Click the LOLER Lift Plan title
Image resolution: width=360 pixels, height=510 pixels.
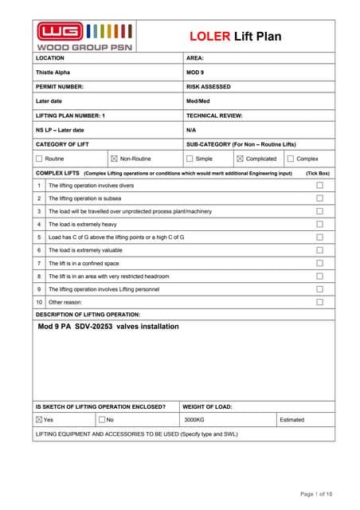pos(235,37)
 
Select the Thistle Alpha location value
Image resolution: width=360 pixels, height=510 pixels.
pos(53,72)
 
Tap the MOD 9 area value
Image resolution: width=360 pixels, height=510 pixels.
pos(196,72)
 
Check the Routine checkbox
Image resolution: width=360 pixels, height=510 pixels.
pos(39,159)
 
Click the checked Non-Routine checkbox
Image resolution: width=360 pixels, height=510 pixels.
pos(113,159)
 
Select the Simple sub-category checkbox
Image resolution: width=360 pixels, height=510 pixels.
pos(189,159)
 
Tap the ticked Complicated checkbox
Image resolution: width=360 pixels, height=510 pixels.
pos(240,159)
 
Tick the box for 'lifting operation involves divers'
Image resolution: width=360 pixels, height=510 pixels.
pos(319,185)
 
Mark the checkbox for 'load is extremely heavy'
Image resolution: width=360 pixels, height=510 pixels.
pos(319,224)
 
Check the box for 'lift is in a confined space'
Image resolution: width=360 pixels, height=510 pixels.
pos(319,263)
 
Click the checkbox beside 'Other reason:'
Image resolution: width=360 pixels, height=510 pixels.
pos(319,302)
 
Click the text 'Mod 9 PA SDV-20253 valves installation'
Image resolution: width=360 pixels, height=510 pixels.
pos(108,326)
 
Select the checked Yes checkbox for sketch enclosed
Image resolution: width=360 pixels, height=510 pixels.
pos(39,419)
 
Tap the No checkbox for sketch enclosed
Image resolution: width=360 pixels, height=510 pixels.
pos(102,419)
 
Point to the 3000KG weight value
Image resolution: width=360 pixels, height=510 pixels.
pos(194,419)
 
